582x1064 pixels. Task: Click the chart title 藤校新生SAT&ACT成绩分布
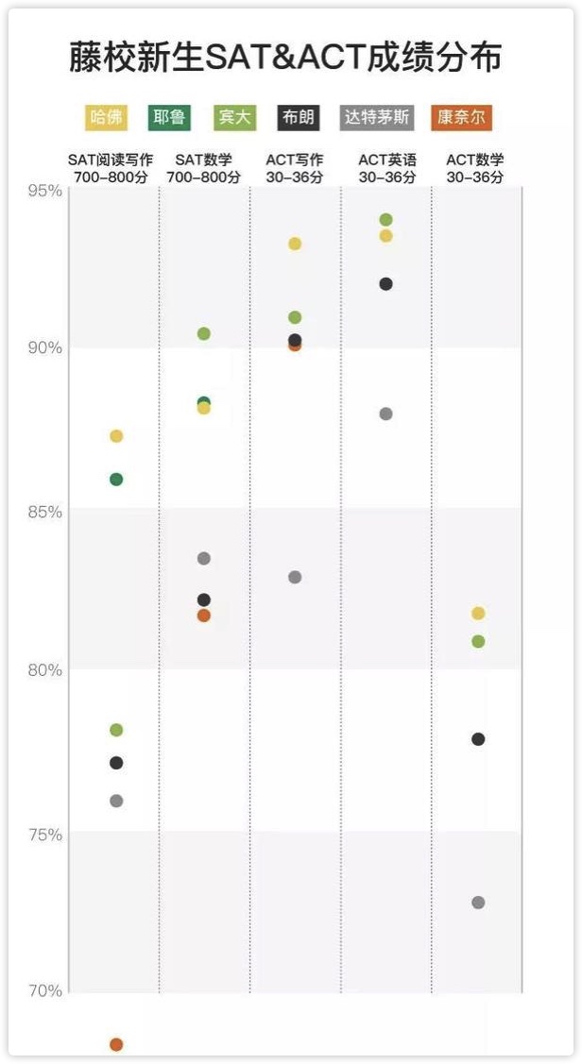(x=284, y=59)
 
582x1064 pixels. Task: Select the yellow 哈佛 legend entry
(x=107, y=118)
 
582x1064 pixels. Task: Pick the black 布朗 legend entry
(x=298, y=118)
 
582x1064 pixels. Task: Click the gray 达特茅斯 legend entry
(x=376, y=118)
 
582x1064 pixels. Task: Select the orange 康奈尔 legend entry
(x=463, y=118)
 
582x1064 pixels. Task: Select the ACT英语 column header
(x=387, y=168)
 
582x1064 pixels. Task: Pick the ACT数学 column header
(x=475, y=168)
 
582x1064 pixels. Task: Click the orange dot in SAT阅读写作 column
(x=116, y=1044)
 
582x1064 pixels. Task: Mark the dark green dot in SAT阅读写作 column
(x=116, y=479)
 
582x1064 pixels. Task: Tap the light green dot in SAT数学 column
(x=203, y=333)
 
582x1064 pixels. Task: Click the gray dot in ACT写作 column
(x=295, y=577)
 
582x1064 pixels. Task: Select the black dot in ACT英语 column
(x=385, y=284)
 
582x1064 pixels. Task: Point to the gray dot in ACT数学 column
(x=478, y=903)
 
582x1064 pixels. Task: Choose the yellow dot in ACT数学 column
(x=478, y=614)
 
